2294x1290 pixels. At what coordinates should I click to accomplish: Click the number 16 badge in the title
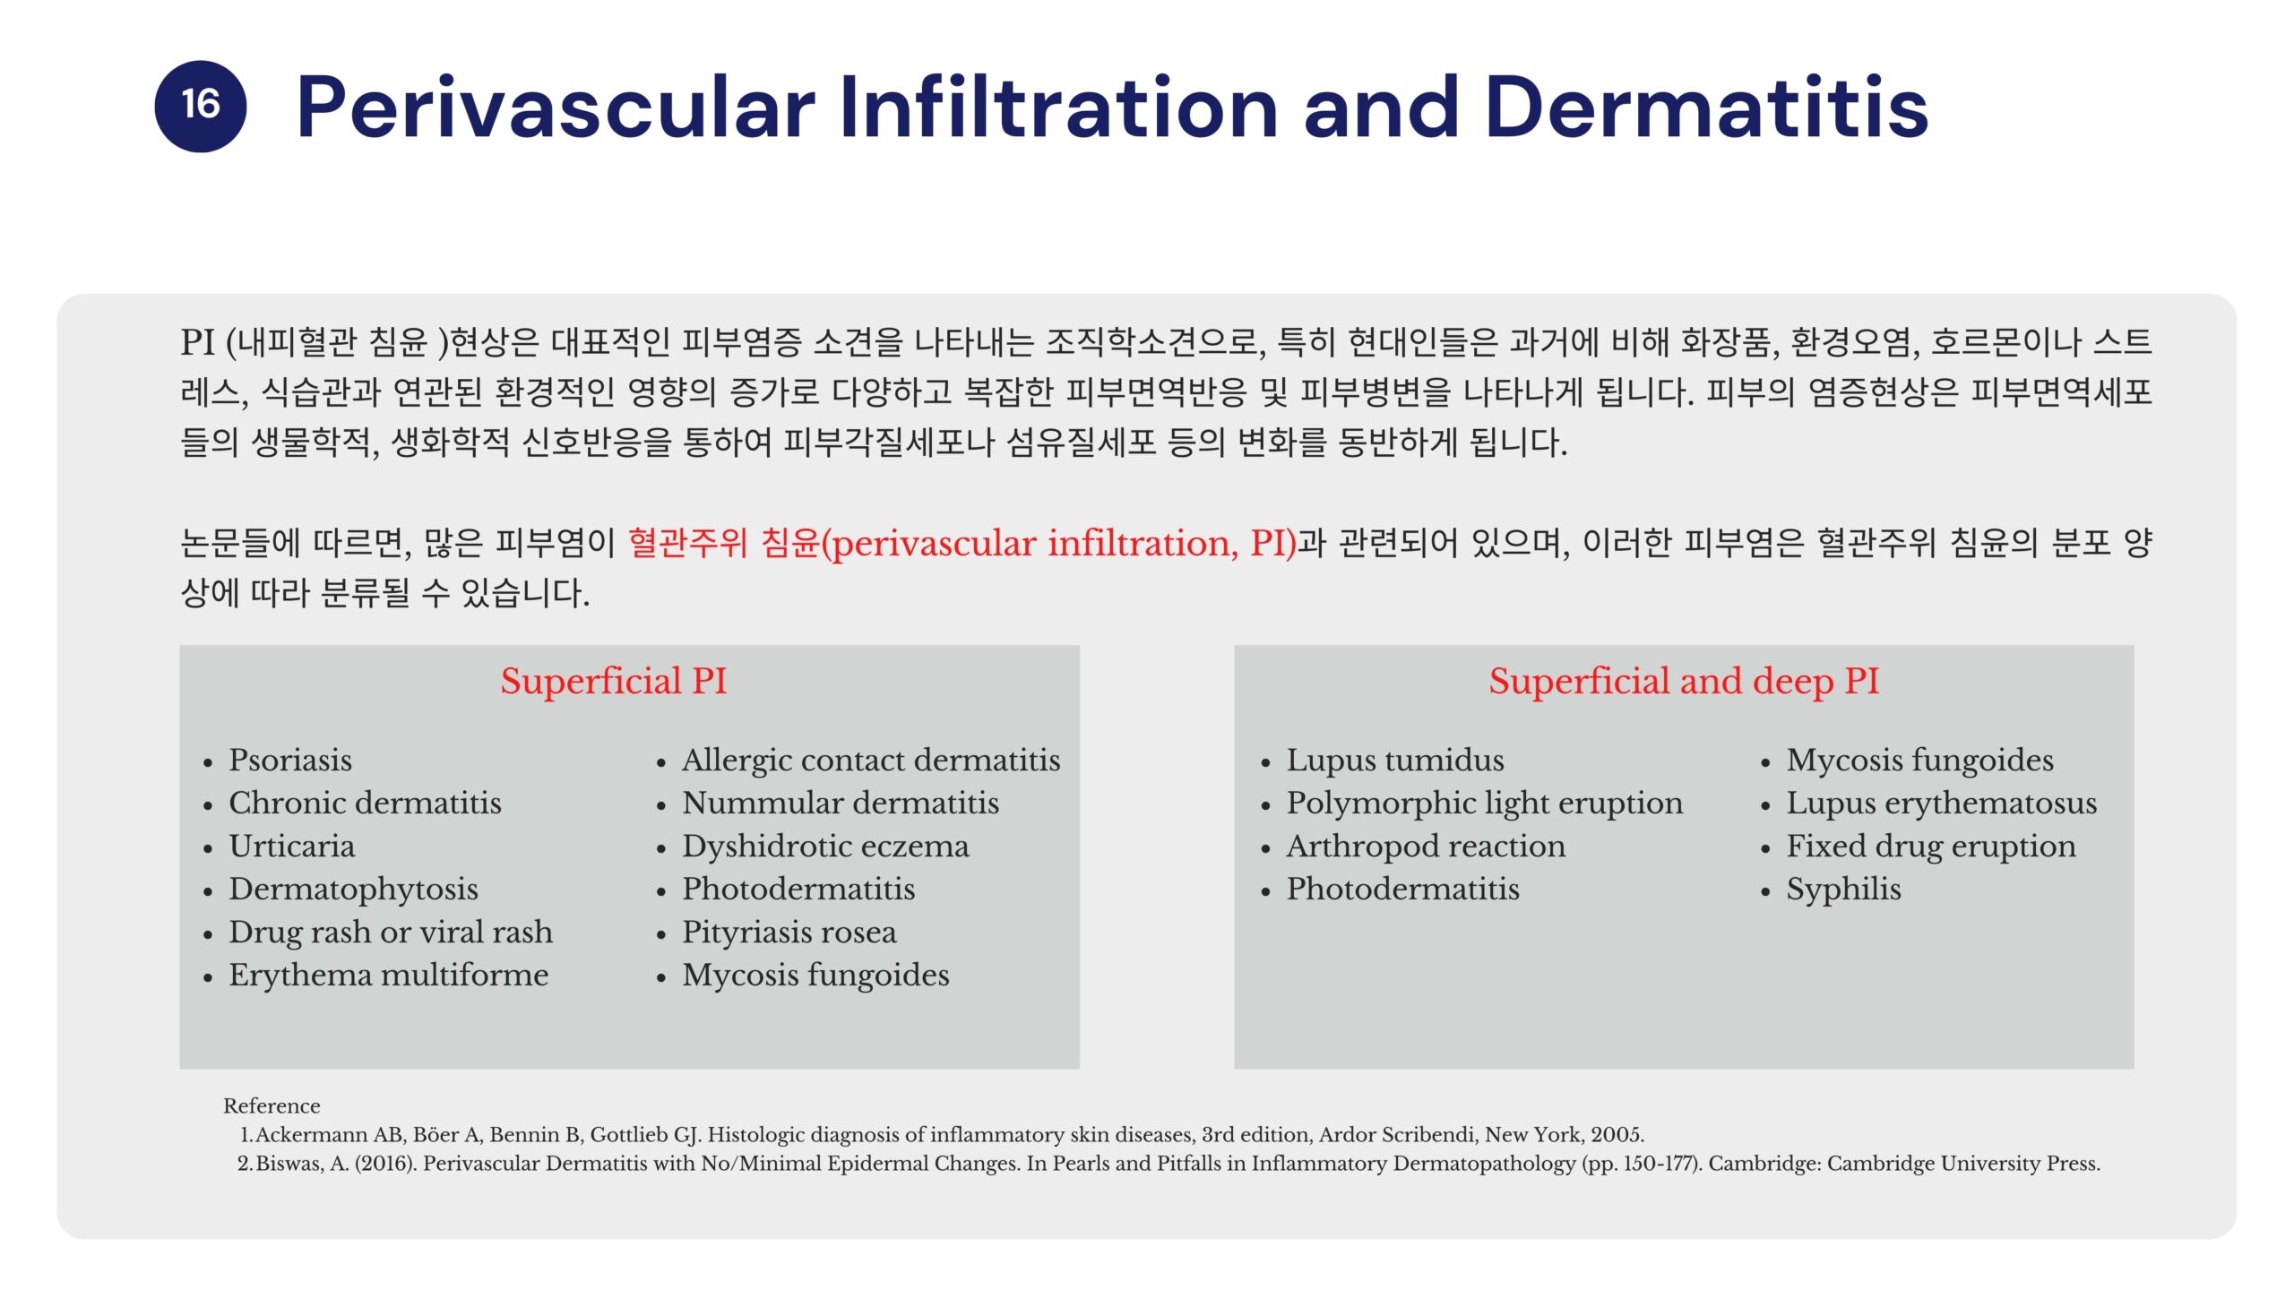(200, 106)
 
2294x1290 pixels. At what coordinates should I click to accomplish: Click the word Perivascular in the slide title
(556, 107)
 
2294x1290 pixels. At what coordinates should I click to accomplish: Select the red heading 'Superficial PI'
(613, 681)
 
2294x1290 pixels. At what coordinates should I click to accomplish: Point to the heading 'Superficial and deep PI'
(1684, 681)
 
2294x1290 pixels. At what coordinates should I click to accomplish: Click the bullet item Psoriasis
(290, 760)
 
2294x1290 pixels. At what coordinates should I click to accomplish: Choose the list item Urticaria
(291, 846)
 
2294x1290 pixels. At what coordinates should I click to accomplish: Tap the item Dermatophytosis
(353, 889)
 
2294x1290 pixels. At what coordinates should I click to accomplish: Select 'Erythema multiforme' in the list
(388, 975)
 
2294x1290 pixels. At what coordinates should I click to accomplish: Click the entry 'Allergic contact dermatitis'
(871, 760)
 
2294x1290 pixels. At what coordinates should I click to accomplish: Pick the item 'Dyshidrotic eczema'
(825, 846)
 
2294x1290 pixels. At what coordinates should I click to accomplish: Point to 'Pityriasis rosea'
(789, 932)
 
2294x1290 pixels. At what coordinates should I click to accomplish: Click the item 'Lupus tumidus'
(1395, 760)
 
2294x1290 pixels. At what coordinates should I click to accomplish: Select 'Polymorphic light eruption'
(1485, 803)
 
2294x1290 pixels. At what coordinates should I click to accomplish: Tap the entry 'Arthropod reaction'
(1426, 846)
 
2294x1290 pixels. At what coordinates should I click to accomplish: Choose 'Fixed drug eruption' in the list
(1931, 846)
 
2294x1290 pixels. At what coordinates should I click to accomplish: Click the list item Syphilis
(1843, 889)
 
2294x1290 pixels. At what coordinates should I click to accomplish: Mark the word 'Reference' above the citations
(272, 1106)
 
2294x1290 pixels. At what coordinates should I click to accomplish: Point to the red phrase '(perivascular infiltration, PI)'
(1058, 544)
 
